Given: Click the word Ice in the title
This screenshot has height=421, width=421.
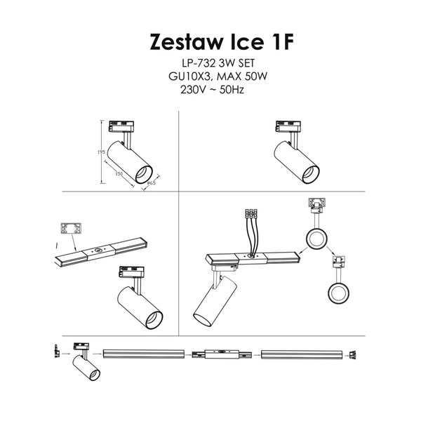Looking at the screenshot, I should pyautogui.click(x=245, y=42).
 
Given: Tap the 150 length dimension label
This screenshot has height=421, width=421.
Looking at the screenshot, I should pyautogui.click(x=119, y=173).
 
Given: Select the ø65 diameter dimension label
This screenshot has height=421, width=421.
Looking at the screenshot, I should pyautogui.click(x=151, y=184).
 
